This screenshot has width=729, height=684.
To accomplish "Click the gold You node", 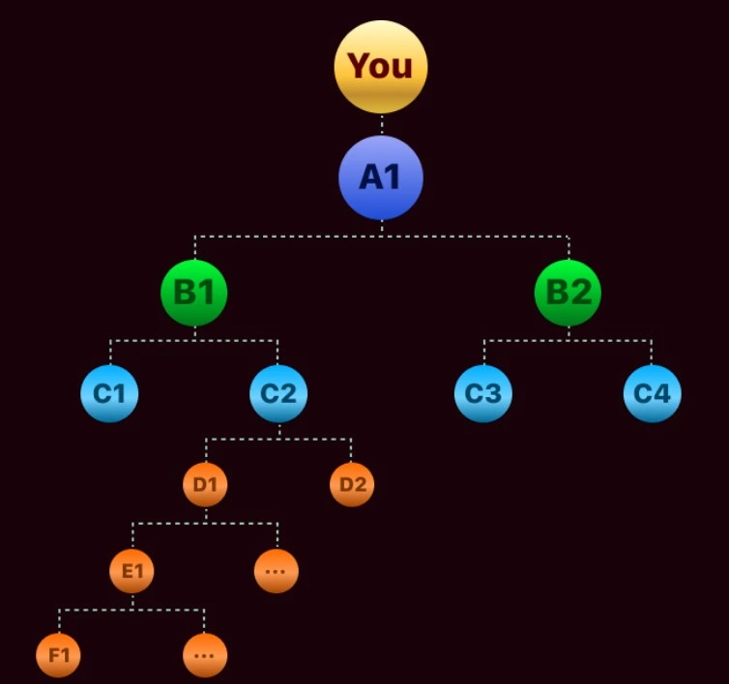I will pos(381,66).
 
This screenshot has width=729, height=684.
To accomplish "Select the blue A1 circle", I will pos(381,177).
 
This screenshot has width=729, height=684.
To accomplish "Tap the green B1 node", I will pos(194,292).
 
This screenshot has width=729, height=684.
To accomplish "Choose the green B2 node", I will pos(568,292).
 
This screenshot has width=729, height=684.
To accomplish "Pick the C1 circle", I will pos(109,393).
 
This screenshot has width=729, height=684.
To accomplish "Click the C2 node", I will pos(278,393).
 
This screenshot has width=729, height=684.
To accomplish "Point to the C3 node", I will pos(483,393).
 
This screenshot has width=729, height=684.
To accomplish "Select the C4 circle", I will pos(652,393).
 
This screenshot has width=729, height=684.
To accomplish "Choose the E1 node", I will pos(131,571).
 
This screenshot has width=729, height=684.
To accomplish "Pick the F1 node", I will pos(59,656).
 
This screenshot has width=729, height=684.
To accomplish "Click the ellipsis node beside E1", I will pos(277,571).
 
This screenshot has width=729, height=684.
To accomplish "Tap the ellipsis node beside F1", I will pos(204,656).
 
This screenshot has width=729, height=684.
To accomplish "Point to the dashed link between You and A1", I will pos(382,125).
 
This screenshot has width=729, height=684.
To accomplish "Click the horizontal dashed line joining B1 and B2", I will pos(381,236).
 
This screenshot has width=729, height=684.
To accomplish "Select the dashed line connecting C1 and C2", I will pos(193,340).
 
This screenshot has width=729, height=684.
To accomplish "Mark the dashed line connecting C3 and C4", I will pos(568,340).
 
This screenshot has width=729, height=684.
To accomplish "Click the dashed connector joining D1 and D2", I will pos(278,440).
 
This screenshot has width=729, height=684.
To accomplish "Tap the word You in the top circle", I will pos(380,66).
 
